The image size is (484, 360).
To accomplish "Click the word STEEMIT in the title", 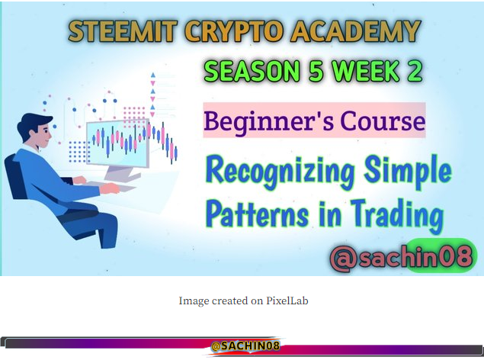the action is point(123,31).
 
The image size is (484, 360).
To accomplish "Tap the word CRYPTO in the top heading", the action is point(234,31).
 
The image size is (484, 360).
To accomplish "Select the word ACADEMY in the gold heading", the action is point(356,31).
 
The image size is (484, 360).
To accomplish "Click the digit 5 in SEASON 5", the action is point(316,71).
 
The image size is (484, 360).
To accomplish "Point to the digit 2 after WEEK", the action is point(414,71).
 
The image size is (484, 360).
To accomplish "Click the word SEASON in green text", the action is point(252,71).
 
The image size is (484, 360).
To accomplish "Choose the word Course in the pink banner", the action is point(383,121).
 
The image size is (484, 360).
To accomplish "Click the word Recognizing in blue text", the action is point(280,172).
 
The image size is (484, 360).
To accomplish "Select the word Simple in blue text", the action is point(408,172).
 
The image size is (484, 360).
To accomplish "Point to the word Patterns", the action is point(257,214).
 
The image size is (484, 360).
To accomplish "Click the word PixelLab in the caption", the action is point(287,301).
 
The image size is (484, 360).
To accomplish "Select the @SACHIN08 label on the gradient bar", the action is point(245,346).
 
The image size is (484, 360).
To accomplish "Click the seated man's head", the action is point(36,130).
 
